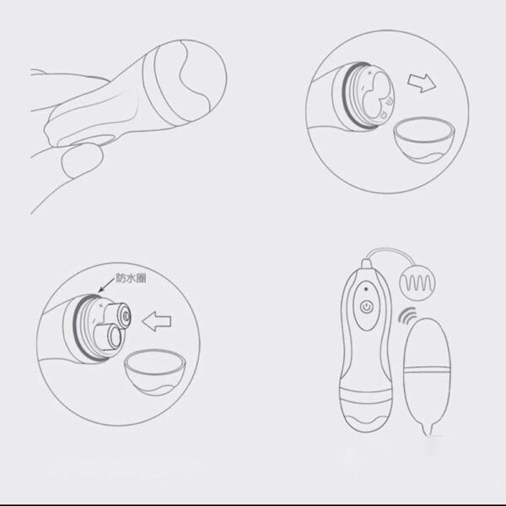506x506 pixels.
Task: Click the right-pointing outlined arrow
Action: point(422,83)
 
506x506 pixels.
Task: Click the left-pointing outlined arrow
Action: point(157,321)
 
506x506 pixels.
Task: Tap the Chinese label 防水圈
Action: point(131,277)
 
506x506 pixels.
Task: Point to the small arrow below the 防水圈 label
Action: point(106,284)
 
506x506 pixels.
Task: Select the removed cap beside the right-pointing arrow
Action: point(425,140)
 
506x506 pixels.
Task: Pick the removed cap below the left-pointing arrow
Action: point(156,373)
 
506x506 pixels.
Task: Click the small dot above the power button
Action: point(366,288)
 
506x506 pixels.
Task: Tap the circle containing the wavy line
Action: point(417,283)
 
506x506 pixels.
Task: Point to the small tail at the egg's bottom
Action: point(428,429)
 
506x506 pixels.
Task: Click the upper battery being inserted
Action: point(117,314)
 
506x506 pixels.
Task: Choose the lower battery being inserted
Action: point(108,338)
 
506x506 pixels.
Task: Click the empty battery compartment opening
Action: point(374,98)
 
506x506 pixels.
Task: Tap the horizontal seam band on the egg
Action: point(427,369)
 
